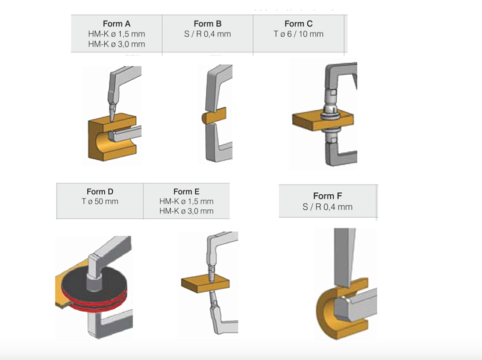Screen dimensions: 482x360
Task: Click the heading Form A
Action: pyautogui.click(x=116, y=24)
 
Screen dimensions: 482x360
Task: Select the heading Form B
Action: pyautogui.click(x=207, y=24)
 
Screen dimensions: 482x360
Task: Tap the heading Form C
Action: pyautogui.click(x=298, y=24)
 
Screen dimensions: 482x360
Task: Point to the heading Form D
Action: pyautogui.click(x=100, y=192)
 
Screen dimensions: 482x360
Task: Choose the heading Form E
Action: pyautogui.click(x=186, y=192)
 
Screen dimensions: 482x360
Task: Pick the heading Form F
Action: pyautogui.click(x=328, y=196)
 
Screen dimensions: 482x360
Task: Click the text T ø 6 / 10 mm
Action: pyautogui.click(x=298, y=34)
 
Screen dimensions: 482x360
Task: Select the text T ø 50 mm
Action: pyautogui.click(x=100, y=201)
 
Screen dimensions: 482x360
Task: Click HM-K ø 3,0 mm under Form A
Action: pyautogui.click(x=116, y=44)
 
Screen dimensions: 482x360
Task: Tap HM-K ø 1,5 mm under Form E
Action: pyautogui.click(x=186, y=201)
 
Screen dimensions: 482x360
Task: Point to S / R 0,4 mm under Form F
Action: pyautogui.click(x=328, y=207)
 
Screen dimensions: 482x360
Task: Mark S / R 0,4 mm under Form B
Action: pyautogui.click(x=207, y=34)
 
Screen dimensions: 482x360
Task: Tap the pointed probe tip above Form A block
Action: pyautogui.click(x=112, y=118)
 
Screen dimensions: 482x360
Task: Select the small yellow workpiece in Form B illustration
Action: pyautogui.click(x=214, y=116)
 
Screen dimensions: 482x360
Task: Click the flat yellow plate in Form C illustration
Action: pyautogui.click(x=307, y=121)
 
